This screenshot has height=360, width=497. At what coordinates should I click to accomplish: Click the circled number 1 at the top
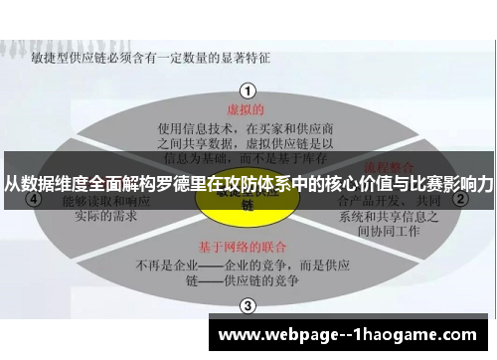pos(248,90)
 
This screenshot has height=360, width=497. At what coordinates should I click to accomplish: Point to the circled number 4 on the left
pos(36,198)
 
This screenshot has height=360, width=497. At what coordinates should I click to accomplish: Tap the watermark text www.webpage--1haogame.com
pos(354,335)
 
